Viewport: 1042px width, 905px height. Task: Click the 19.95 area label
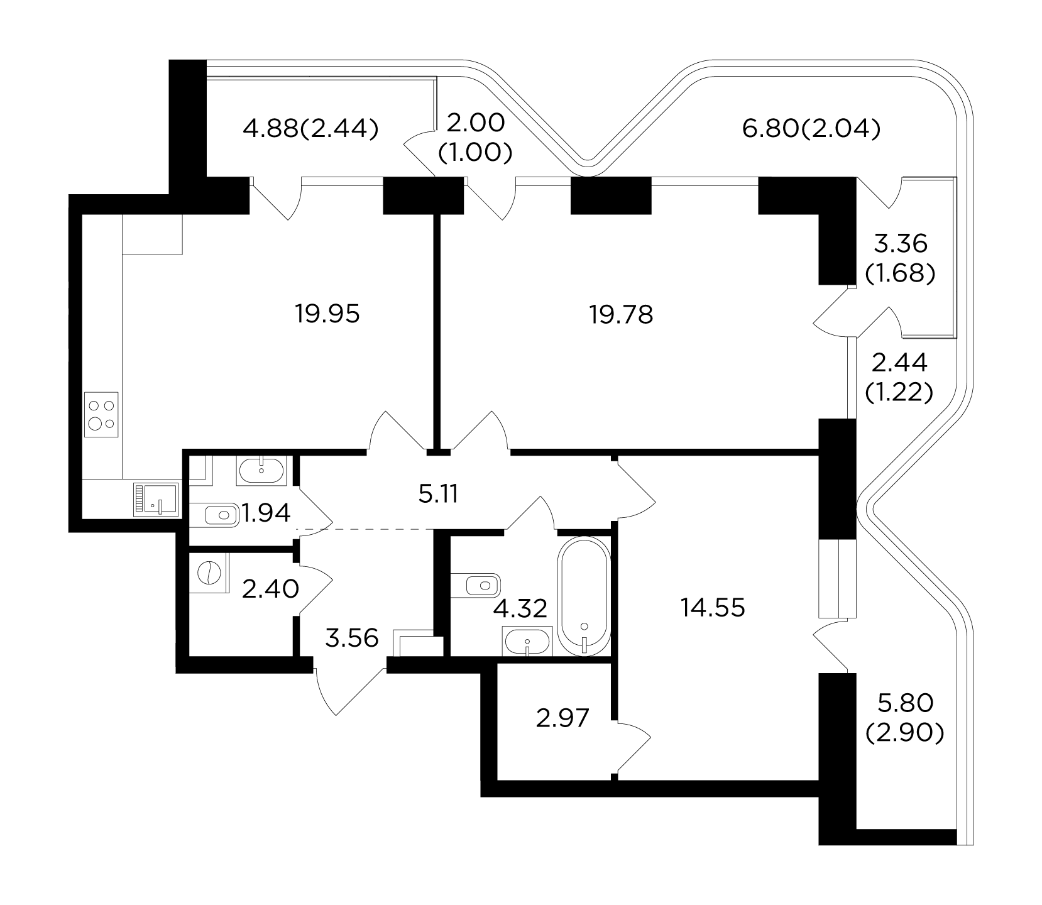[x=327, y=313]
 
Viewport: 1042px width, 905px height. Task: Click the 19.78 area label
[x=621, y=314]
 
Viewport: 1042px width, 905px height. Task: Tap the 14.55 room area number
[x=713, y=608]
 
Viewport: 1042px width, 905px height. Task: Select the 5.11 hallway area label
[x=437, y=495]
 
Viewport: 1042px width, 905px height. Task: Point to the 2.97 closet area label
[x=562, y=718]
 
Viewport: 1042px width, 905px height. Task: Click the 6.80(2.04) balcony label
[x=811, y=129]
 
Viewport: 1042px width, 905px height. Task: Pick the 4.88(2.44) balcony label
[x=311, y=129]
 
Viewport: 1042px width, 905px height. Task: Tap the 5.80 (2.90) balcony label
[x=905, y=718]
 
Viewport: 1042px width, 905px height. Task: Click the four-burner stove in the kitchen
[x=102, y=414]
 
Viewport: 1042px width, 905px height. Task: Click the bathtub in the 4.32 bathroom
[x=584, y=596]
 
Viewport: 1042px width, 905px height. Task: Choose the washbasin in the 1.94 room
[x=261, y=470]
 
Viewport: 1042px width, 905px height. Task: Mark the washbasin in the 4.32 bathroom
[x=527, y=641]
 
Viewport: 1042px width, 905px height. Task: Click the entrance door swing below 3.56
[x=350, y=690]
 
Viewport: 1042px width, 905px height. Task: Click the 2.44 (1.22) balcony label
[x=899, y=377]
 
